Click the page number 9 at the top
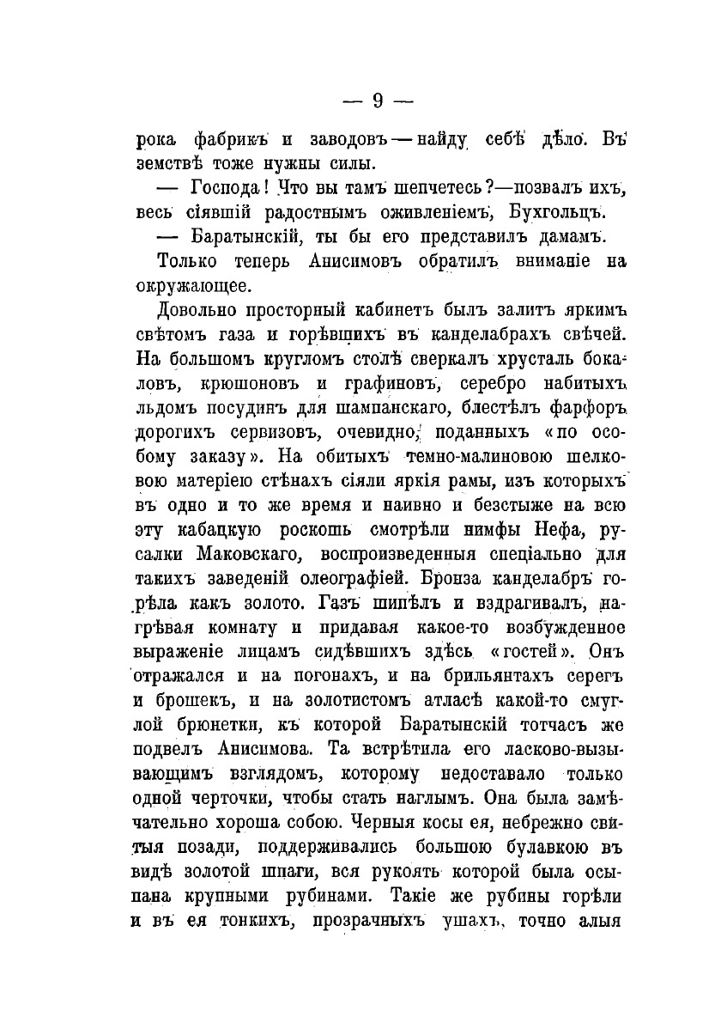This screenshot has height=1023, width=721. pos(378,101)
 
